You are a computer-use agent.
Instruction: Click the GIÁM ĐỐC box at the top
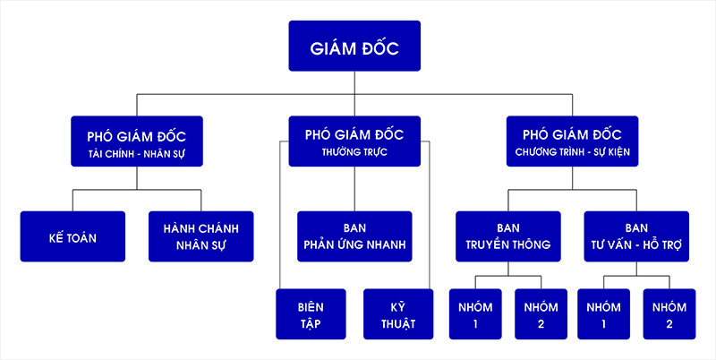pos(354,46)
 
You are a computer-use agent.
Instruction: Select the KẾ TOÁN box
pos(72,236)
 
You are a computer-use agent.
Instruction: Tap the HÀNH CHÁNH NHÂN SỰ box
pos(200,236)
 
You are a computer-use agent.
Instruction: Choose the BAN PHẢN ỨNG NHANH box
pos(354,236)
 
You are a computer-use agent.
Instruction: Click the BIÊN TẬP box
pos(311,313)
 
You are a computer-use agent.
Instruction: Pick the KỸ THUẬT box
pos(398,313)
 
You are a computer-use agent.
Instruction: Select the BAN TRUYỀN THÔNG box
pos(508,236)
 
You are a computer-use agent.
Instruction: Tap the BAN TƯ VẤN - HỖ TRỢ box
pos(636,236)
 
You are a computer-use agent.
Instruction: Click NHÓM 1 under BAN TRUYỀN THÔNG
pos(475,313)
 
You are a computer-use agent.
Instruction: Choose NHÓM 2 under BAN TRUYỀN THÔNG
pos(541,313)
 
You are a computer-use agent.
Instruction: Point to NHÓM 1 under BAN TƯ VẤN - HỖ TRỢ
pos(603,313)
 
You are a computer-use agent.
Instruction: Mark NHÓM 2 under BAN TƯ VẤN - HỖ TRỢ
pos(669,313)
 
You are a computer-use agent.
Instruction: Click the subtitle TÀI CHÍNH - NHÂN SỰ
pos(137,154)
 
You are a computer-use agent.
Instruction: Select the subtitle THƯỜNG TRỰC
pos(354,151)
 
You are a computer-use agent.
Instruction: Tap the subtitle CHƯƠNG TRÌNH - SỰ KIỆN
pos(573,151)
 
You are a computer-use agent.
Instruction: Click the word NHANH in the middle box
pos(385,244)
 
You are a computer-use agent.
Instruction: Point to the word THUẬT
pos(398,324)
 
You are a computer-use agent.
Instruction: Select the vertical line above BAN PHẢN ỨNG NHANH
pos(354,189)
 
